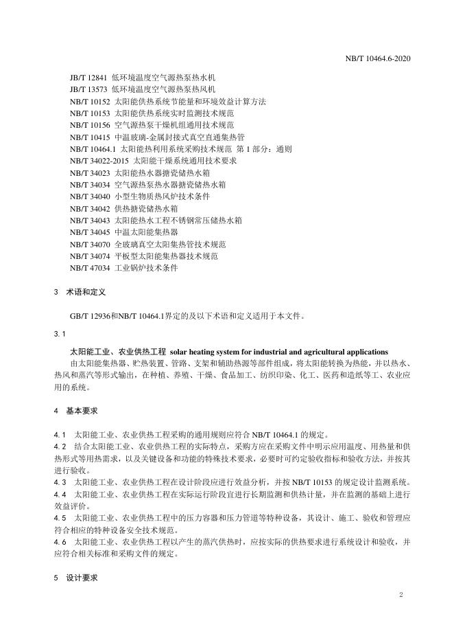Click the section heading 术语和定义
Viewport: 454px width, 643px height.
click(x=86, y=291)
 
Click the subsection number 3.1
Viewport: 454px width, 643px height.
click(x=58, y=334)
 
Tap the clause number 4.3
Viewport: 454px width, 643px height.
click(x=59, y=482)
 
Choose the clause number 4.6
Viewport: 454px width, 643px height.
click(x=59, y=541)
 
